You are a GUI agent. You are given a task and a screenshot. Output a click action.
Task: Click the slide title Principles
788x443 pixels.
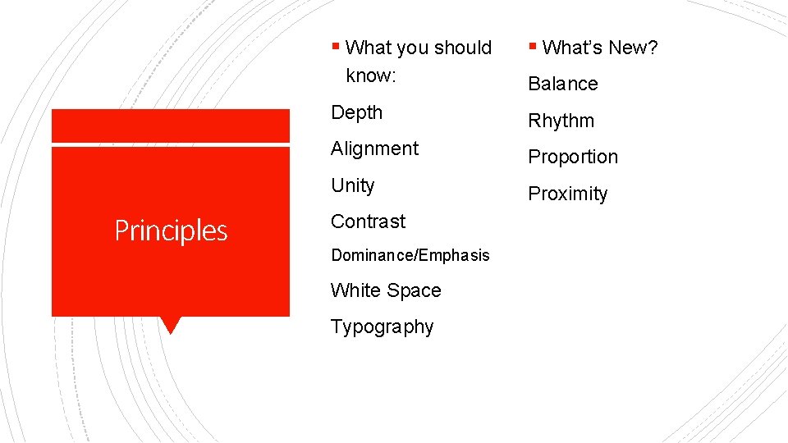point(171,231)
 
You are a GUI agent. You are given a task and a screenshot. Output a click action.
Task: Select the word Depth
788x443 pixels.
point(356,112)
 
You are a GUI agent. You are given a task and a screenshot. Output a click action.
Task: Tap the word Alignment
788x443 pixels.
point(374,148)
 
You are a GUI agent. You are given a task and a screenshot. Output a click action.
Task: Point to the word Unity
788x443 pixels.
point(352,185)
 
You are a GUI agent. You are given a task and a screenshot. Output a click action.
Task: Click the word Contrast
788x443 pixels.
point(368,221)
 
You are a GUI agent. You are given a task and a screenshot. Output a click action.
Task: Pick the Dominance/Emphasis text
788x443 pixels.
point(410,255)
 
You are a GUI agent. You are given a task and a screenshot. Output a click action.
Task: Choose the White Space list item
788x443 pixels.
point(386,290)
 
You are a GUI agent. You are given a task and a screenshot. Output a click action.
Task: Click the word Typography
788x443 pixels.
point(382,327)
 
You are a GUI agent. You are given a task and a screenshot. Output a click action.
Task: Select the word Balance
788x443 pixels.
point(562,84)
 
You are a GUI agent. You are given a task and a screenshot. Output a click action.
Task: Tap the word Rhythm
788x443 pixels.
point(561,121)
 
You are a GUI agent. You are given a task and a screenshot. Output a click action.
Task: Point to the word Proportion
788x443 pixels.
point(572,157)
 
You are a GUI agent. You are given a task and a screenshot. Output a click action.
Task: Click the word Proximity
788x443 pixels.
point(567,194)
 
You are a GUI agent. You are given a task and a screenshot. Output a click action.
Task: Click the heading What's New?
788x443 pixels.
point(600,48)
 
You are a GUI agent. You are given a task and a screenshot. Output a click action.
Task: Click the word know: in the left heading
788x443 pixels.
point(371,75)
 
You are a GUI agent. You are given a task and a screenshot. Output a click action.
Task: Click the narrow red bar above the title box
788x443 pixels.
point(171,126)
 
